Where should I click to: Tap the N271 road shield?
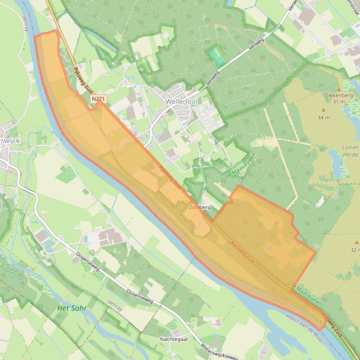(99, 99)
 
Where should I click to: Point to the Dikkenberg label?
(338, 95)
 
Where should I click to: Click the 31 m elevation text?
(338, 101)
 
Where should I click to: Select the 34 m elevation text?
(323, 117)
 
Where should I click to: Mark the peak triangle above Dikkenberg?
(339, 89)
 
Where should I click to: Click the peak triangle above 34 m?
(323, 110)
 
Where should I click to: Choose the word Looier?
(351, 147)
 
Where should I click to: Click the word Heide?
(351, 154)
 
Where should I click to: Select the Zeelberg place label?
(200, 207)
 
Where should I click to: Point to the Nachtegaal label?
(174, 339)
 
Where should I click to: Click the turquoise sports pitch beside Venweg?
(217, 57)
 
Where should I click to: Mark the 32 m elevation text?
(355, 250)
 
